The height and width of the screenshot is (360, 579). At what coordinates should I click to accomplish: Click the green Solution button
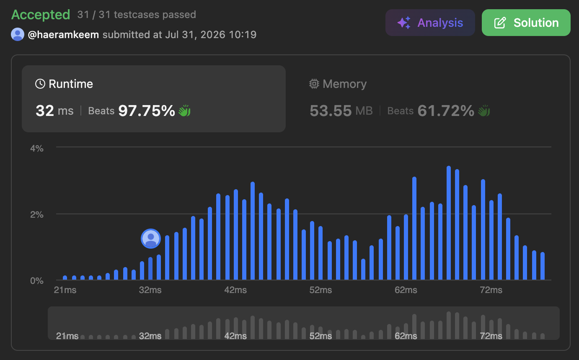coord(526,23)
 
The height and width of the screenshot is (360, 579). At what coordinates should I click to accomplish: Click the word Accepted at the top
coord(41,15)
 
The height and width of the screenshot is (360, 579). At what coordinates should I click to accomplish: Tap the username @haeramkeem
coord(63,35)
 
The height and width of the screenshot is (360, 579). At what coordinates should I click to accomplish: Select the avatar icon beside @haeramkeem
coord(18,34)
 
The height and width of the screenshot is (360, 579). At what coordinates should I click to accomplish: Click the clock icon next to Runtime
coord(40,84)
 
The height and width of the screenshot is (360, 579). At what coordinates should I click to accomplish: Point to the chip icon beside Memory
coord(314,84)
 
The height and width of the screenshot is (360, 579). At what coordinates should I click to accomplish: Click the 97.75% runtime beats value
coord(147,111)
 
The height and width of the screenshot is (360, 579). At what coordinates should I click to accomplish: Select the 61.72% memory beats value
coord(446,111)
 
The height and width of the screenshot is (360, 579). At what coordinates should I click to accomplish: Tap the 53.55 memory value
coord(331,111)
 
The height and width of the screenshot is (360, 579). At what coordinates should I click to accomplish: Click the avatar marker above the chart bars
coord(151,239)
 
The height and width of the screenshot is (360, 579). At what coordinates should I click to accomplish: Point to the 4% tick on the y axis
coord(37,149)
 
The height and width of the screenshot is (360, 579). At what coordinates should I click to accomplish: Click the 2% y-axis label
coord(37,215)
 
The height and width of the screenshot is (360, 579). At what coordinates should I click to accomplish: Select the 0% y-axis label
coord(37,281)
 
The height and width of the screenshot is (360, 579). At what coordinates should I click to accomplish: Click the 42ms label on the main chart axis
coord(235,290)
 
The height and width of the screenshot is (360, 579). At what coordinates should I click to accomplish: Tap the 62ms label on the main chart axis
coord(406,290)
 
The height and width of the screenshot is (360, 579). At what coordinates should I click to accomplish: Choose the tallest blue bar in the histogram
coord(449,223)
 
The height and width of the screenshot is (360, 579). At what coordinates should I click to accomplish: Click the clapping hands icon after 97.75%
coord(185,111)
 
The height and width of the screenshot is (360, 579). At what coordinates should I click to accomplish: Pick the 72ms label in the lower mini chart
coord(491,336)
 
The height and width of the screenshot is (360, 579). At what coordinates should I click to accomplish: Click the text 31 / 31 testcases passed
coord(137,15)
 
